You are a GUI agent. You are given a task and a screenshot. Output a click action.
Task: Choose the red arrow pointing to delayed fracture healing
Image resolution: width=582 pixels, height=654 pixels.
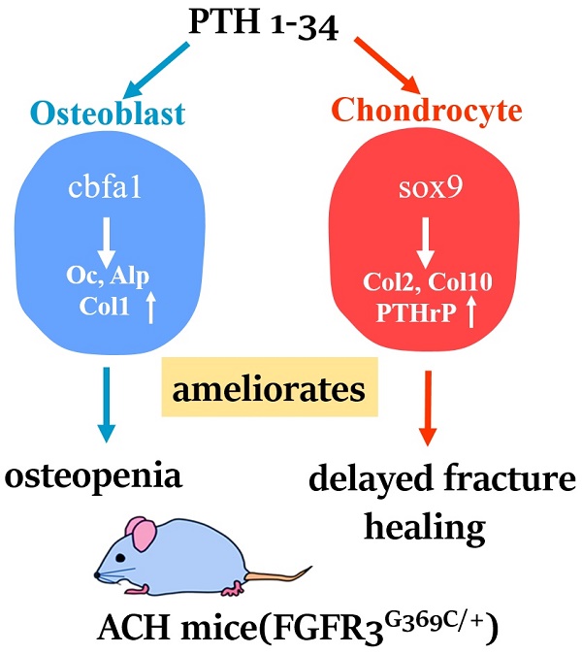[428, 409]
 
